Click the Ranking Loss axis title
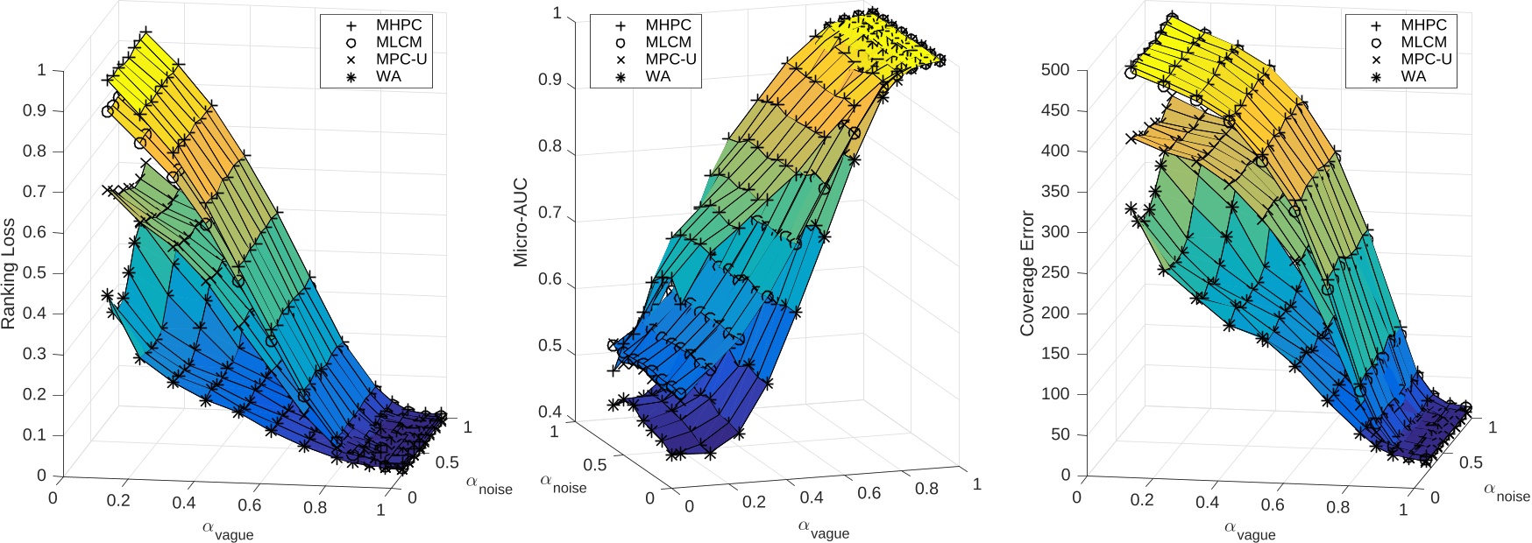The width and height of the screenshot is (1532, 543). pyautogui.click(x=9, y=273)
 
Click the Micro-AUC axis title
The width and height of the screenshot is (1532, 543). pyautogui.click(x=521, y=222)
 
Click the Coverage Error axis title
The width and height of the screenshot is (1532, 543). pyautogui.click(x=1027, y=273)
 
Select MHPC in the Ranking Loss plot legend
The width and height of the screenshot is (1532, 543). pyautogui.click(x=399, y=25)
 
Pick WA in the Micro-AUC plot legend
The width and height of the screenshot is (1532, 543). pyautogui.click(x=657, y=76)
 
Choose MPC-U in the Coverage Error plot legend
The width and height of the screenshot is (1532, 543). pyautogui.click(x=1426, y=59)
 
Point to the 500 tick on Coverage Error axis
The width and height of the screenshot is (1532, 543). pyautogui.click(x=1055, y=69)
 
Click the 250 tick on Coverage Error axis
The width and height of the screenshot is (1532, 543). pyautogui.click(x=1055, y=272)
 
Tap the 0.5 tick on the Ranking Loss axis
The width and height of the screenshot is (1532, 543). pyautogui.click(x=34, y=272)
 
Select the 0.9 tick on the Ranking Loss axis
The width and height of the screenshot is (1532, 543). pyautogui.click(x=34, y=110)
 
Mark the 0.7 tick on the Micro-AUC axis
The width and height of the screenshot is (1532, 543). pyautogui.click(x=550, y=213)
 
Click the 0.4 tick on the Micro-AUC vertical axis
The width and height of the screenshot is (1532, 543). pyautogui.click(x=550, y=412)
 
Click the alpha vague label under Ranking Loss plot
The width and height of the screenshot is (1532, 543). pyautogui.click(x=228, y=530)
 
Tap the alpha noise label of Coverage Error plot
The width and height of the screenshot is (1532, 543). pyautogui.click(x=1506, y=492)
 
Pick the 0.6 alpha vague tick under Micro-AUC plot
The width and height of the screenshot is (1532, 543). pyautogui.click(x=869, y=493)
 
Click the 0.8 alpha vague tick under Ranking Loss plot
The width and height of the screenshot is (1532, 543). pyautogui.click(x=316, y=507)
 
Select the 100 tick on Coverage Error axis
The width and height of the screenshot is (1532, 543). pyautogui.click(x=1055, y=394)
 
